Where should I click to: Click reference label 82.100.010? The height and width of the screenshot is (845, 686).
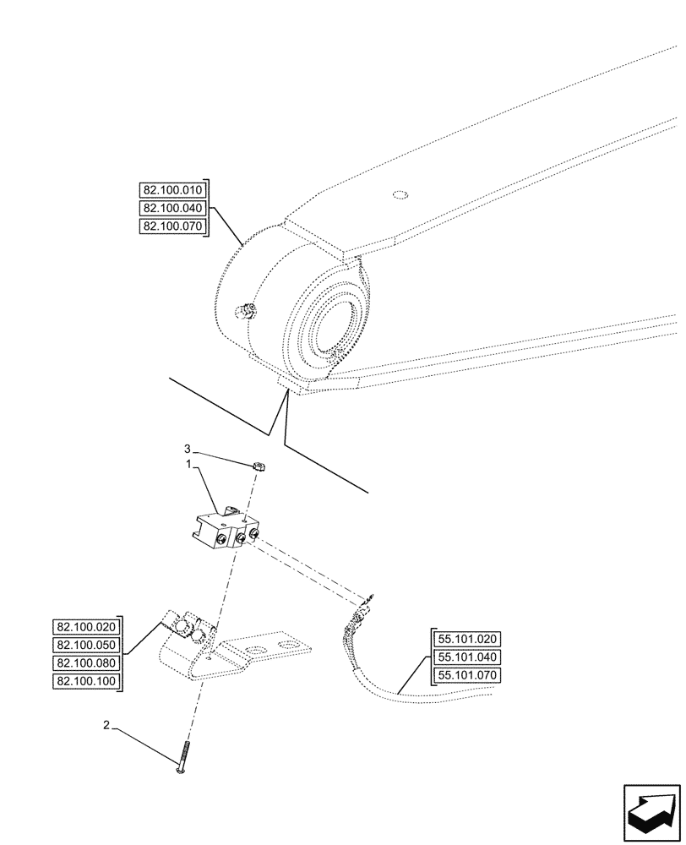pyautogui.click(x=169, y=189)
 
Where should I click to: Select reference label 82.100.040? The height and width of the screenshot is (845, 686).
pyautogui.click(x=169, y=208)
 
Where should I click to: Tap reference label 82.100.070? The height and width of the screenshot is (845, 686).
pyautogui.click(x=169, y=226)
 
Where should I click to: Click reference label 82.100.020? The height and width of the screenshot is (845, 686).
pyautogui.click(x=87, y=627)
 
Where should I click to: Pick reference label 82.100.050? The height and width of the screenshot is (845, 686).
pyautogui.click(x=87, y=645)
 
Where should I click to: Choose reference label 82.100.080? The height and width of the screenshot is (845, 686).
pyautogui.click(x=87, y=663)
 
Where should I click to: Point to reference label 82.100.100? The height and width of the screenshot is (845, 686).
pyautogui.click(x=87, y=682)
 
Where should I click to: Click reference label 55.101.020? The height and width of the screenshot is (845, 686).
pyautogui.click(x=467, y=639)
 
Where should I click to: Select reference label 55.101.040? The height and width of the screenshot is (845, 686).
pyautogui.click(x=467, y=657)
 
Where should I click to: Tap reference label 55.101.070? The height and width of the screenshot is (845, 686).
pyautogui.click(x=467, y=675)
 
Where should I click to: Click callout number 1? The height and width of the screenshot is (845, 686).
pyautogui.click(x=191, y=464)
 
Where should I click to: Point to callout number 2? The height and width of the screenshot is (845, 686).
pyautogui.click(x=106, y=725)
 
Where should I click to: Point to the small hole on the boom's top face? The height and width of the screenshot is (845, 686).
pyautogui.click(x=400, y=196)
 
